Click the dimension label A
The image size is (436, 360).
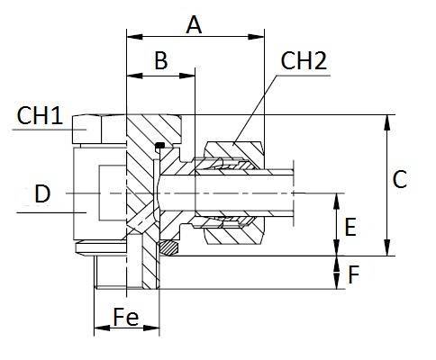tap(194, 24)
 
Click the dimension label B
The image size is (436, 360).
tap(160, 61)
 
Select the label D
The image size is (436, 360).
tap(41, 192)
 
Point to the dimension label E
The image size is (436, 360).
tap(352, 227)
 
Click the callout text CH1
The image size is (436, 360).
tap(40, 115)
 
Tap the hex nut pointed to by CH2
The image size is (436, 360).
tap(234, 148)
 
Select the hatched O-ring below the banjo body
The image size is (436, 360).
tap(168, 245)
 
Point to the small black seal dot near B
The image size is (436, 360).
tap(159, 147)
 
